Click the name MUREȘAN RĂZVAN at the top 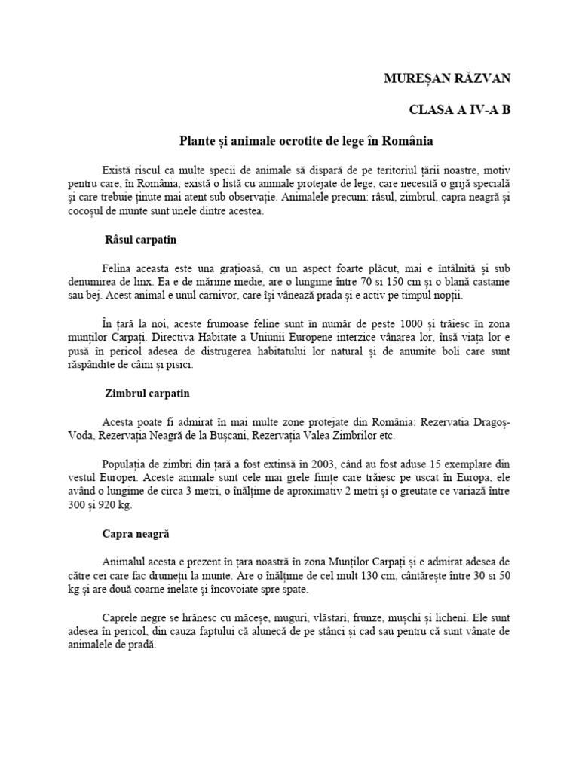(x=448, y=78)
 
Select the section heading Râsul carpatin (x=139, y=240)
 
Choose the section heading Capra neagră (x=136, y=533)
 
